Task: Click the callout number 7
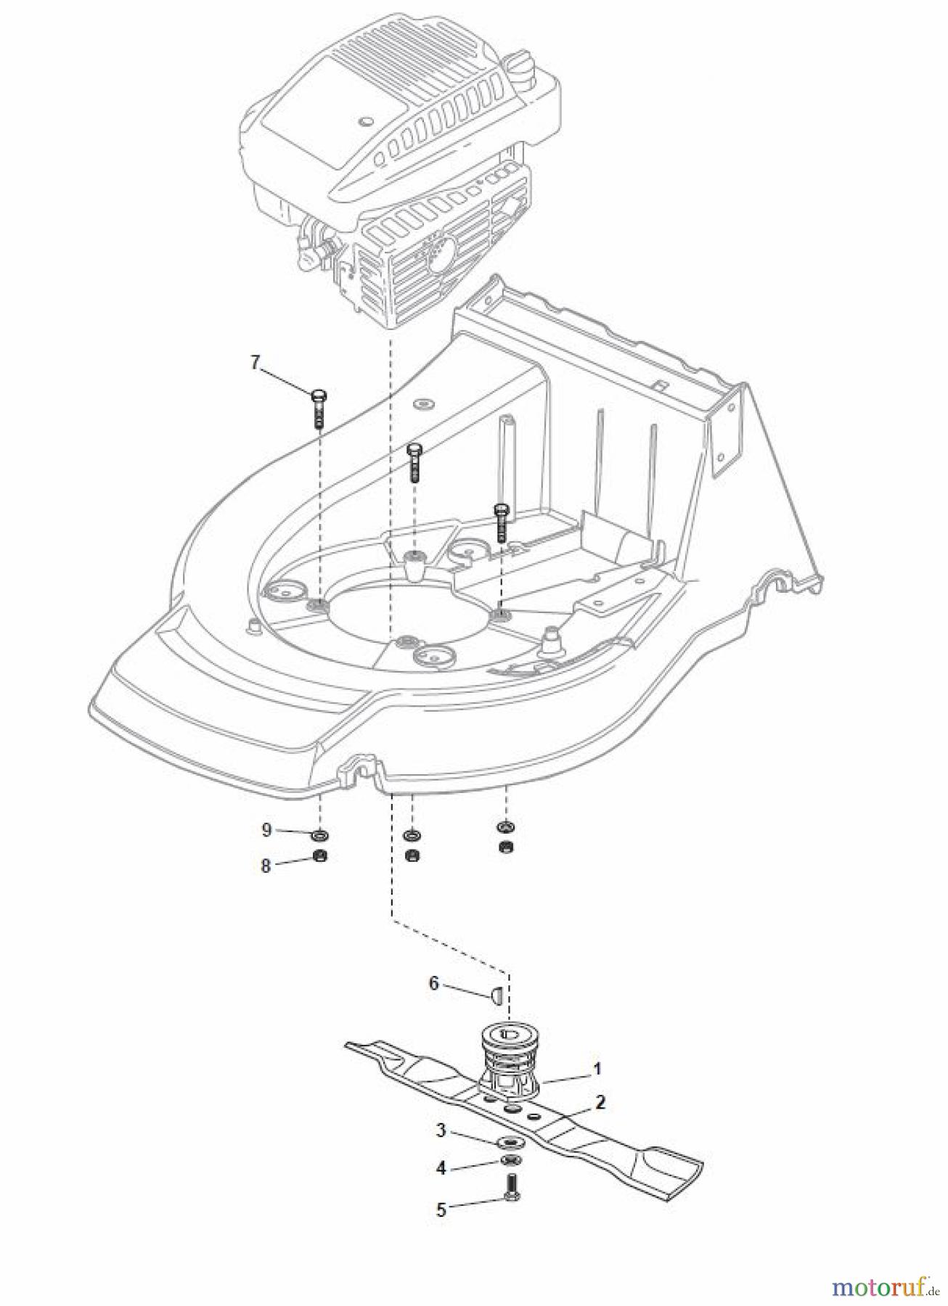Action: [255, 363]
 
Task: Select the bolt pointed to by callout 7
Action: [319, 408]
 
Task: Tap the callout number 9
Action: [266, 829]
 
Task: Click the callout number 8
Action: [266, 866]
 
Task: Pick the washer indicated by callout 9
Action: [321, 834]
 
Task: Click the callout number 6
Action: [434, 983]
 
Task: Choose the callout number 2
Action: [600, 1102]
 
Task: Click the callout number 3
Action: [441, 1130]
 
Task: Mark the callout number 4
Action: [441, 1168]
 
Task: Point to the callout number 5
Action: [441, 1210]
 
